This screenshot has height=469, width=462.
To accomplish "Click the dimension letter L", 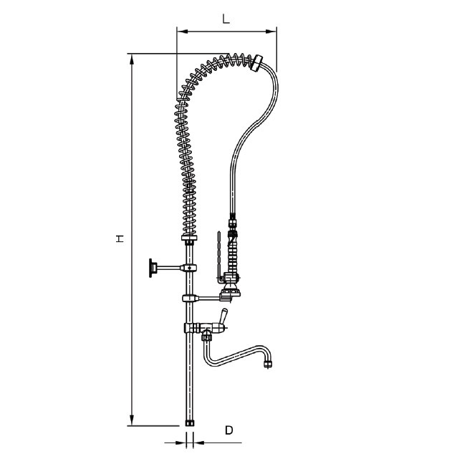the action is [226, 19].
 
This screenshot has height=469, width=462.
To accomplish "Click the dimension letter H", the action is [120, 238].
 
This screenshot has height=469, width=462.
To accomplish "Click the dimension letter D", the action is [229, 430].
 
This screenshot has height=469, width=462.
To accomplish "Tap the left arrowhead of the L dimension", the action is [182, 31].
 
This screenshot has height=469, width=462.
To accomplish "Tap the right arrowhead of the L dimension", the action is [271, 31].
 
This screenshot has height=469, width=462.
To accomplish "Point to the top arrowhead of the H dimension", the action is [132, 59].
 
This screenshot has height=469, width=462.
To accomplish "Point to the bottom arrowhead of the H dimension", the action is [132, 420].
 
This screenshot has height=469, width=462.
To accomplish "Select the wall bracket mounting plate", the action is [151, 268].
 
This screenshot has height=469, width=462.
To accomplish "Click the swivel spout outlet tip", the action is [268, 364].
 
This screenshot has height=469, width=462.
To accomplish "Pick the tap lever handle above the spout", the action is [223, 318].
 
